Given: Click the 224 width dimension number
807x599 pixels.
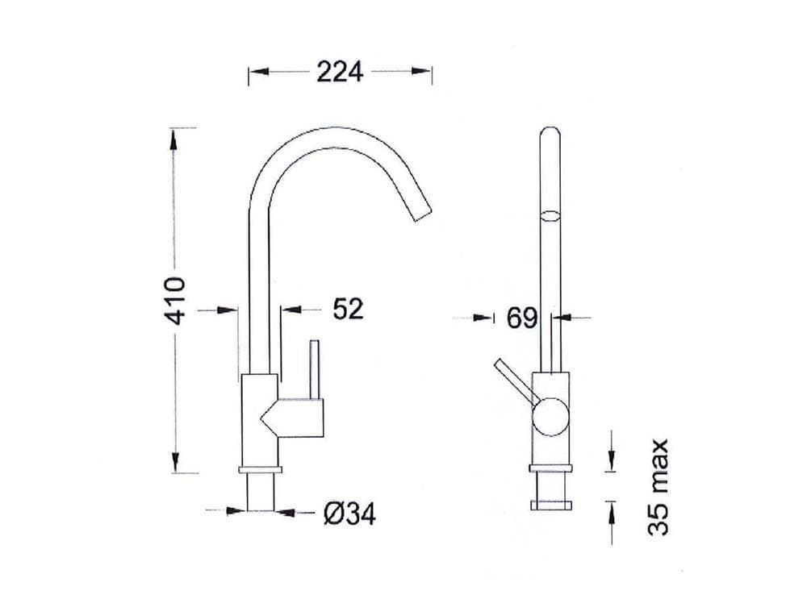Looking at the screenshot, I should point(340,72).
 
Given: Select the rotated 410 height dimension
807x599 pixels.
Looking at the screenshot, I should point(175,300).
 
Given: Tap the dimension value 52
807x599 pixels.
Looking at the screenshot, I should point(348,309).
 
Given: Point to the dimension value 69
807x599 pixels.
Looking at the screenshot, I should point(522,318).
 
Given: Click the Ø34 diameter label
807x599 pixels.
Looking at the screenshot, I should point(349,513).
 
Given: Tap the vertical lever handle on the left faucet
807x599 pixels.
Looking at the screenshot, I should point(315,369).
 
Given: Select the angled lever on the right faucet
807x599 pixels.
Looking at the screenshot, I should point(515,380).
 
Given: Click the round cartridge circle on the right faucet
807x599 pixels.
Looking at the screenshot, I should point(550,417).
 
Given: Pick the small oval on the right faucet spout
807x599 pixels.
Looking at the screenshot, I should point(550,215).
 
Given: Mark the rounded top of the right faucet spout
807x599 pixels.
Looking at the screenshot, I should point(550,132).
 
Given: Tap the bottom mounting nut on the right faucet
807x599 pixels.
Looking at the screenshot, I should point(550,505).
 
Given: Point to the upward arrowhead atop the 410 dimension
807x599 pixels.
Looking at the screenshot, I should point(174,139).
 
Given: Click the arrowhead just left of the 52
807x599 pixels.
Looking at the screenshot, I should point(289,309).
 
